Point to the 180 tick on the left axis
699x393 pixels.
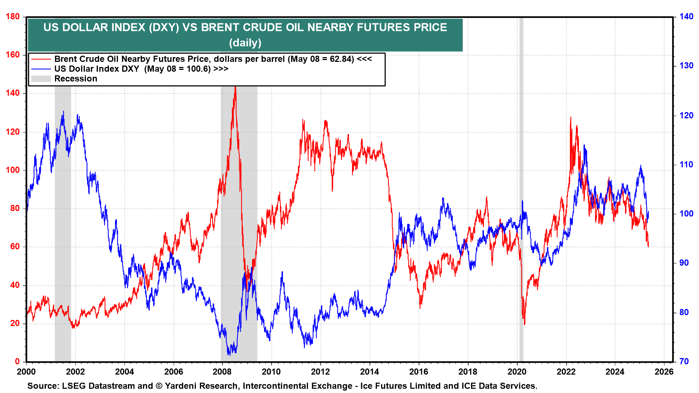[x=13, y=16]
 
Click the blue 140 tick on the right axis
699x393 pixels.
[x=686, y=16]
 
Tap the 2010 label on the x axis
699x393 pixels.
[x=271, y=372]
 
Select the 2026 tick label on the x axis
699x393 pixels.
[x=664, y=372]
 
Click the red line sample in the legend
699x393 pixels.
[x=41, y=59]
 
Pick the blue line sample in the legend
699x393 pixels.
[x=41, y=69]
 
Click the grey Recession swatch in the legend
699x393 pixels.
[x=41, y=79]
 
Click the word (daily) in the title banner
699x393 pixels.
[x=245, y=43]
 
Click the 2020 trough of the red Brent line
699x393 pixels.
[x=524, y=324]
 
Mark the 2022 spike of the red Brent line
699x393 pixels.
[x=570, y=118]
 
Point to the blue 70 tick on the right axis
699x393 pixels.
[x=684, y=361]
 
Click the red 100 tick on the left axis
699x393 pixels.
[x=13, y=170]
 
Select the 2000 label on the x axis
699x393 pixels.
[x=26, y=372]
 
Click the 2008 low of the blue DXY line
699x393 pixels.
[x=229, y=354]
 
